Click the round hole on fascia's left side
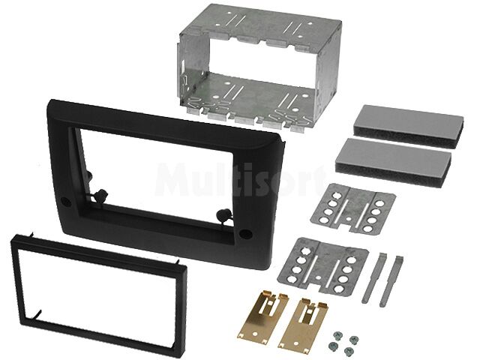pos(65,202)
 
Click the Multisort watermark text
pos(240,180)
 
